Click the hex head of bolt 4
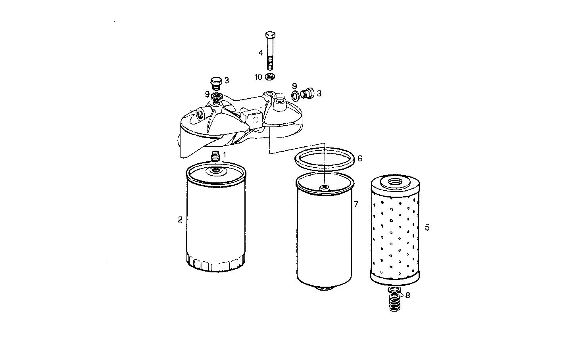[271, 34]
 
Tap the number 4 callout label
[261, 53]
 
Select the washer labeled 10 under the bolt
[271, 77]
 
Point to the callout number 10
[258, 77]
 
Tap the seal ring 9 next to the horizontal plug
[296, 95]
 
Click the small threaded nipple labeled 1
[216, 157]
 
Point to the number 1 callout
[224, 155]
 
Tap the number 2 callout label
[180, 220]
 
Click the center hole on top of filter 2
[216, 171]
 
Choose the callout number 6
[360, 159]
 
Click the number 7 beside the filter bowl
[356, 204]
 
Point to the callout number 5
[427, 227]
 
